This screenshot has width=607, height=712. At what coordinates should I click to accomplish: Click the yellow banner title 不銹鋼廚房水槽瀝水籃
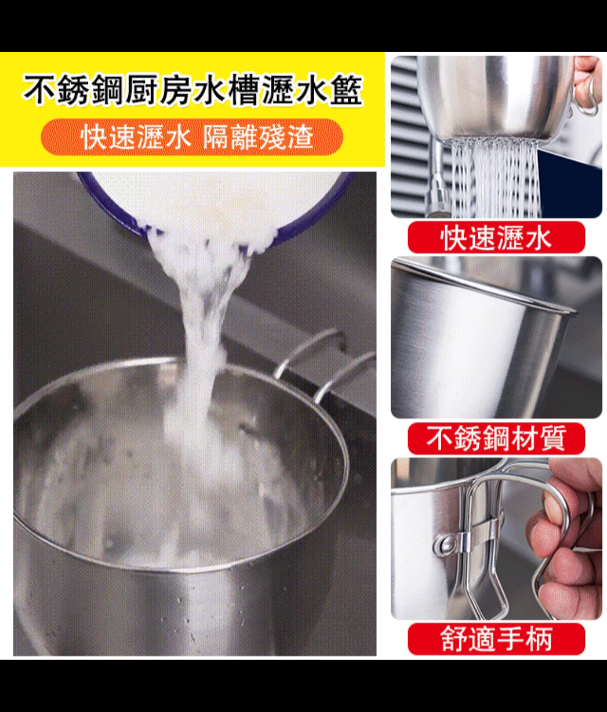click(x=193, y=90)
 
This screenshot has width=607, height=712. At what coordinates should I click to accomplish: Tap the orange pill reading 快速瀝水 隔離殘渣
click(x=192, y=137)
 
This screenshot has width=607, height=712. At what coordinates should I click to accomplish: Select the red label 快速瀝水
click(x=496, y=238)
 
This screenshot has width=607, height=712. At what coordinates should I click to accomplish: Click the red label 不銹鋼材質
click(x=496, y=438)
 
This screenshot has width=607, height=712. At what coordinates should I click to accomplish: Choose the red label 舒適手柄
click(x=496, y=639)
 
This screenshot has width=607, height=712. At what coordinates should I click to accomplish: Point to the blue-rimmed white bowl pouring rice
click(x=217, y=203)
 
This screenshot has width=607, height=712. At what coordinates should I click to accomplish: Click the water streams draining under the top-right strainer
click(x=495, y=177)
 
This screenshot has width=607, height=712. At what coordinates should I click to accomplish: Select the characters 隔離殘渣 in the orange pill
click(x=258, y=137)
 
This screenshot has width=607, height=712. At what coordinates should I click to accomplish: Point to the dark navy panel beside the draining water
click(x=570, y=183)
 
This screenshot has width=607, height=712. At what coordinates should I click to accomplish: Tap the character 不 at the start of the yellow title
click(x=39, y=90)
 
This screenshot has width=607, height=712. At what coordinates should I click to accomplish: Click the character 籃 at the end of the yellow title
click(x=346, y=90)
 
